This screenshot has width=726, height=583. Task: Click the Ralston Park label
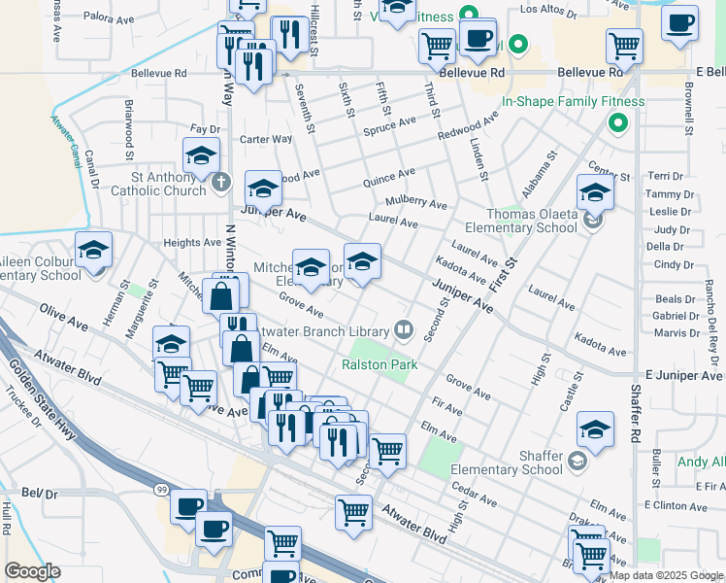click(379, 365)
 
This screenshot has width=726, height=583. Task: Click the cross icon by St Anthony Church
click(221, 182)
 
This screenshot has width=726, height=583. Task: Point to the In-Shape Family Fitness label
click(573, 101)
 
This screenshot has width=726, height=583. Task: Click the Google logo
click(32, 571)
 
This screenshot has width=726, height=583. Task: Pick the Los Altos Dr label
click(569, 9)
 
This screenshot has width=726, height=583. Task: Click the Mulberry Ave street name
click(415, 204)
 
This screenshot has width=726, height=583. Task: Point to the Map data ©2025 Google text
click(667, 575)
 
